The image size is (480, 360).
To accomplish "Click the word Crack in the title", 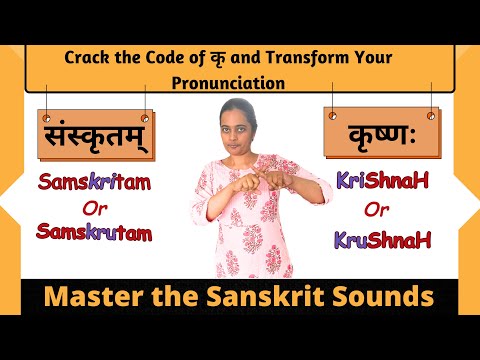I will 88,57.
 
